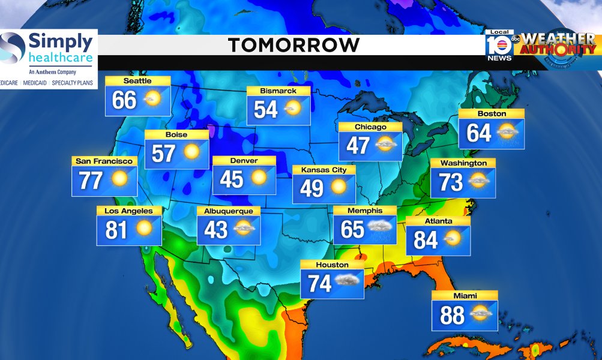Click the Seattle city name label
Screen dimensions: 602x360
[137, 81]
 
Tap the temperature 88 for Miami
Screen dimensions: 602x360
[452, 316]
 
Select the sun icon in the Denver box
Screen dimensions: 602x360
[259, 178]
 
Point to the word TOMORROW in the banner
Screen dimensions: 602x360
[294, 45]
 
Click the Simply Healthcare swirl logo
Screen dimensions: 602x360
[13, 47]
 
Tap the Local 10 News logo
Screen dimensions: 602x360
[499, 45]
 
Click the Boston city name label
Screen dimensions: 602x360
[492, 113]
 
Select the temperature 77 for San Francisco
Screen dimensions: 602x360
[91, 180]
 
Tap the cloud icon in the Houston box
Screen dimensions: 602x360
[348, 281]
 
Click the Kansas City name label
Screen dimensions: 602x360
[324, 170]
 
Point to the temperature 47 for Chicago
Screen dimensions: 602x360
[358, 145]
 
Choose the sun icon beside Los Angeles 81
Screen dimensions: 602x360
[145, 228]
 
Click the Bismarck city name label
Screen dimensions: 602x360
[278, 91]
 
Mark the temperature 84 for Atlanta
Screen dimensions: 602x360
[426, 240]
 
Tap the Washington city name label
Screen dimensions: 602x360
[463, 163]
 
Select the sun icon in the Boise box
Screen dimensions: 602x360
[191, 152]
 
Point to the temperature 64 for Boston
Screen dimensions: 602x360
[479, 133]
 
